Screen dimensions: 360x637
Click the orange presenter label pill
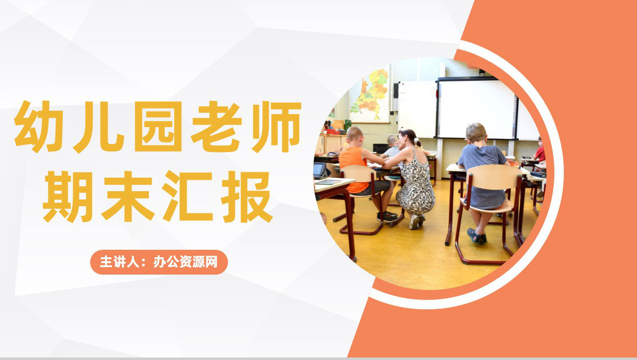pos(159,262)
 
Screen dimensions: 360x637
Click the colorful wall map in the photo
pos(369,95)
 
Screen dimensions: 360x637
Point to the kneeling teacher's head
pos(408,137)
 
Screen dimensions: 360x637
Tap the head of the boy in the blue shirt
pos(476,133)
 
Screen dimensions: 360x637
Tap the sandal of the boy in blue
pos(476,236)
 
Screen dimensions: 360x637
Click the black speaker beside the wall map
pos(396,91)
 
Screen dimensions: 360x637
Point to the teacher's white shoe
pos(414,222)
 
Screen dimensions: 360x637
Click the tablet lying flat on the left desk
pos(328,182)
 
